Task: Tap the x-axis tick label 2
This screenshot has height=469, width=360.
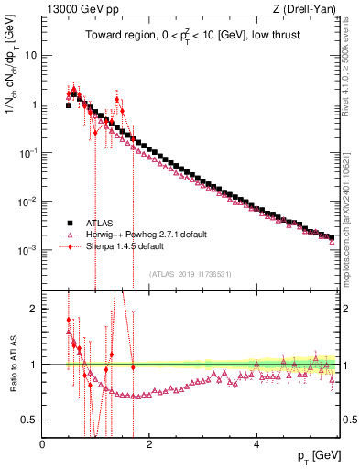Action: pos(149,444)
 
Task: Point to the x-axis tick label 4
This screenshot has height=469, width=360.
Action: pos(256,444)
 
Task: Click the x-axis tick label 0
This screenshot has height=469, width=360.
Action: pos(43,444)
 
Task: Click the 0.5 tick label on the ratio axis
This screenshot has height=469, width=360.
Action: pos(29,420)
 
